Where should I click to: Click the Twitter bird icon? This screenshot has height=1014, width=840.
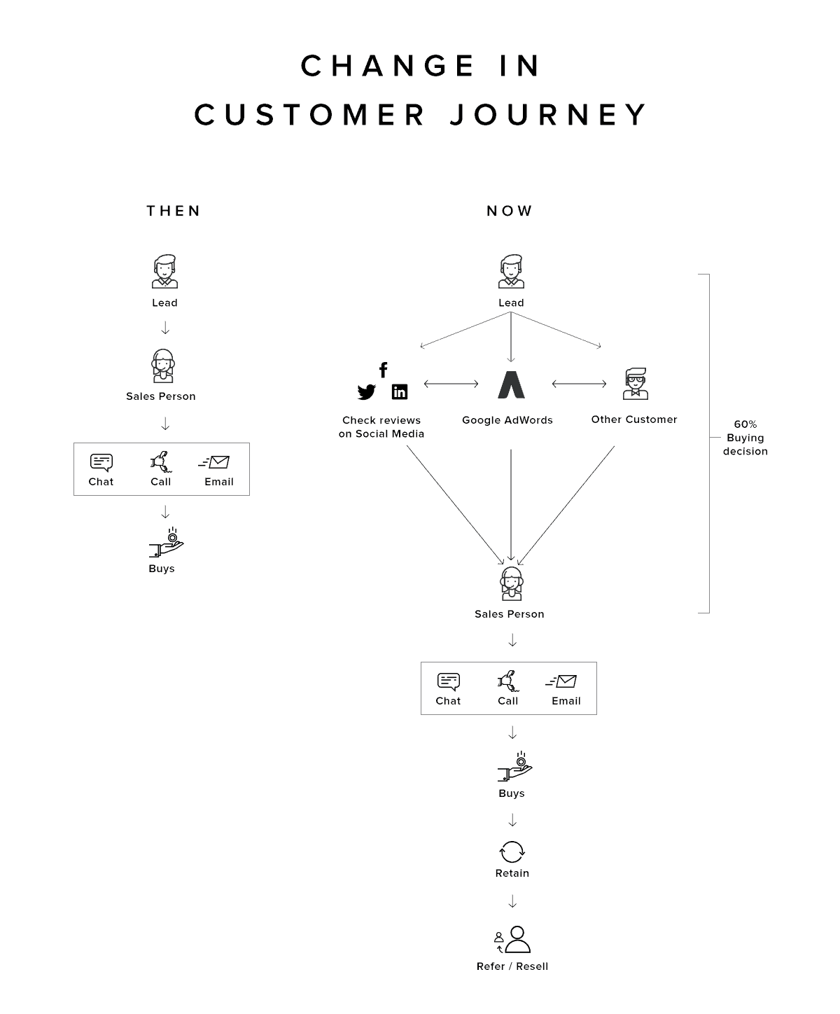click(366, 392)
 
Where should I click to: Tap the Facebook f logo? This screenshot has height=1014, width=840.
click(383, 370)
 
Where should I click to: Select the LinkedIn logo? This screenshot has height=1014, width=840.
click(400, 392)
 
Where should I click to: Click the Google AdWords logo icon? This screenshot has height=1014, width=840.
click(511, 384)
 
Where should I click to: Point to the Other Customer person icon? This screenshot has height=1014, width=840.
click(635, 384)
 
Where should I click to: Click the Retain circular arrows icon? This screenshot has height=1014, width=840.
click(512, 852)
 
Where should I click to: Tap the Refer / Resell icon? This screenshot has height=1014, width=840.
click(513, 940)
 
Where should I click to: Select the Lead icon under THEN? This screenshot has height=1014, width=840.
click(164, 272)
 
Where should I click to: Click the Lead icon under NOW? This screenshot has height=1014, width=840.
click(511, 272)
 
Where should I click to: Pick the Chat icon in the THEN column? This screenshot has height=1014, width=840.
click(101, 462)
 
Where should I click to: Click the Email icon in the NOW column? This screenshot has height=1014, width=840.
click(562, 681)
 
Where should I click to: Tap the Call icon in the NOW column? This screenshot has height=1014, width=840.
click(507, 681)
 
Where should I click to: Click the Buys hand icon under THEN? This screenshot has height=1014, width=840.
click(166, 544)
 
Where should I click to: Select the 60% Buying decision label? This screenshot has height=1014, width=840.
click(745, 438)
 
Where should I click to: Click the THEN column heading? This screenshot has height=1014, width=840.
click(174, 211)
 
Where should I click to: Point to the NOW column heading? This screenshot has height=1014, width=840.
click(510, 211)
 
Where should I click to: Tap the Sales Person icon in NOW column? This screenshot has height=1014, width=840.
click(512, 583)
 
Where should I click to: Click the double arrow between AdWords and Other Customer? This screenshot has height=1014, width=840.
click(579, 384)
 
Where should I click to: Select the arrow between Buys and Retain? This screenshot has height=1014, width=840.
click(512, 820)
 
